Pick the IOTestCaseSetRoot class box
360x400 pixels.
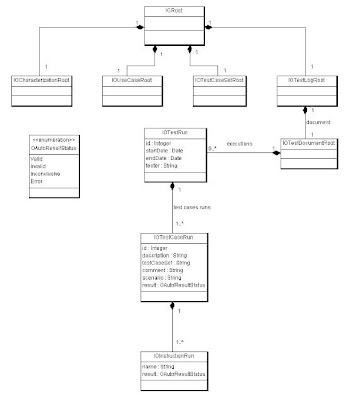pyautogui.click(x=217, y=78)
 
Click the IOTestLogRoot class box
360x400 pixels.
pyautogui.click(x=304, y=78)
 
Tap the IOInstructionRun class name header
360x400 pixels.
pyautogui.click(x=174, y=357)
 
